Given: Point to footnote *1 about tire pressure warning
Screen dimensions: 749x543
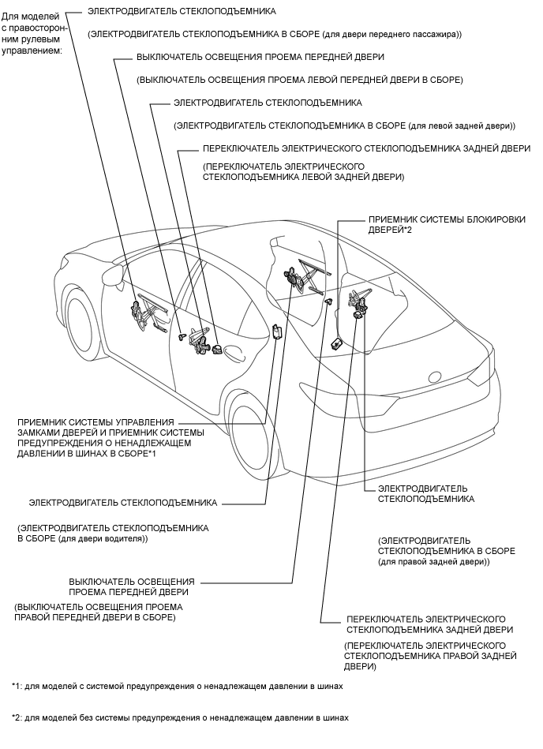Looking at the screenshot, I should point(178,687).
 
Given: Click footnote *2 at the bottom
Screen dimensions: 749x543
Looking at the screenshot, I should point(180,718).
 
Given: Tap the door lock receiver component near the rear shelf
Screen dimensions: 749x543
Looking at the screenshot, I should point(335,343).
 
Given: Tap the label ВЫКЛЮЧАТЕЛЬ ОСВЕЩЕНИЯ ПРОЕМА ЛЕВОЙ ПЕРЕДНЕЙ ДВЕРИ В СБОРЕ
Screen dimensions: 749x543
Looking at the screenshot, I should point(299,80).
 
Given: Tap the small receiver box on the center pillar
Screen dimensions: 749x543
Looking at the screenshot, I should point(276,331).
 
